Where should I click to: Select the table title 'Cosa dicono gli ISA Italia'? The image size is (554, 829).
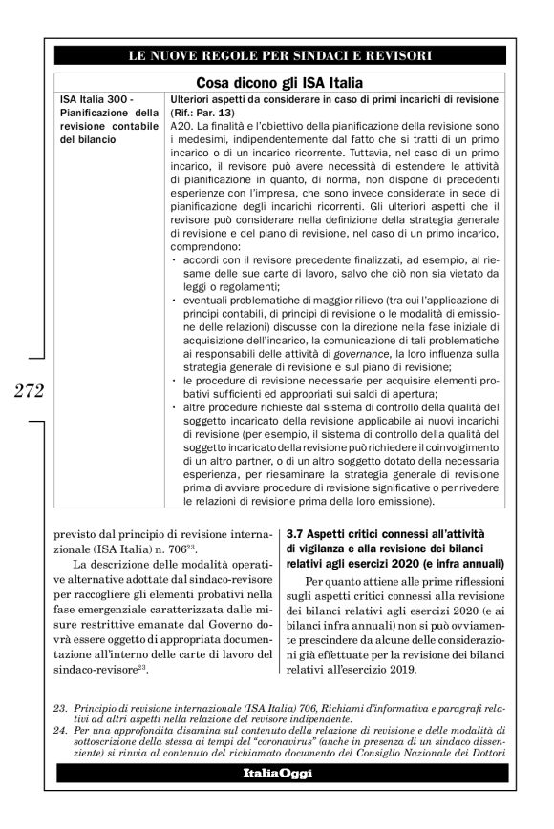pos(277,82)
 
